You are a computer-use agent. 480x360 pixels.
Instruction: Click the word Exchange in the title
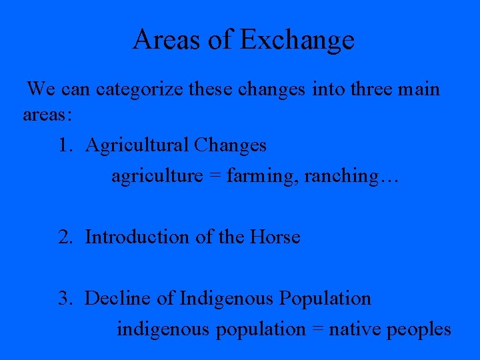pyautogui.click(x=297, y=40)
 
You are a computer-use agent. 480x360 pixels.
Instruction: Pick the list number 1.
pyautogui.click(x=64, y=145)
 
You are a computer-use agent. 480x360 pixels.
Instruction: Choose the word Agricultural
pyautogui.click(x=137, y=145)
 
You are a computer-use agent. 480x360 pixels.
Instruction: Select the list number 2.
pyautogui.click(x=64, y=237)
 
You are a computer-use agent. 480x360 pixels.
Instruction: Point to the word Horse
pyautogui.click(x=275, y=237)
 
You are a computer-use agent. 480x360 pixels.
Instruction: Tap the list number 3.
pyautogui.click(x=64, y=298)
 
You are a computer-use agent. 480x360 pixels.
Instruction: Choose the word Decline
pyautogui.click(x=117, y=298)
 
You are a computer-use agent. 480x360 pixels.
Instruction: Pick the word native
pyautogui.click(x=352, y=329)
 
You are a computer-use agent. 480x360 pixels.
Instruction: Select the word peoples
pyautogui.click(x=417, y=329)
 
